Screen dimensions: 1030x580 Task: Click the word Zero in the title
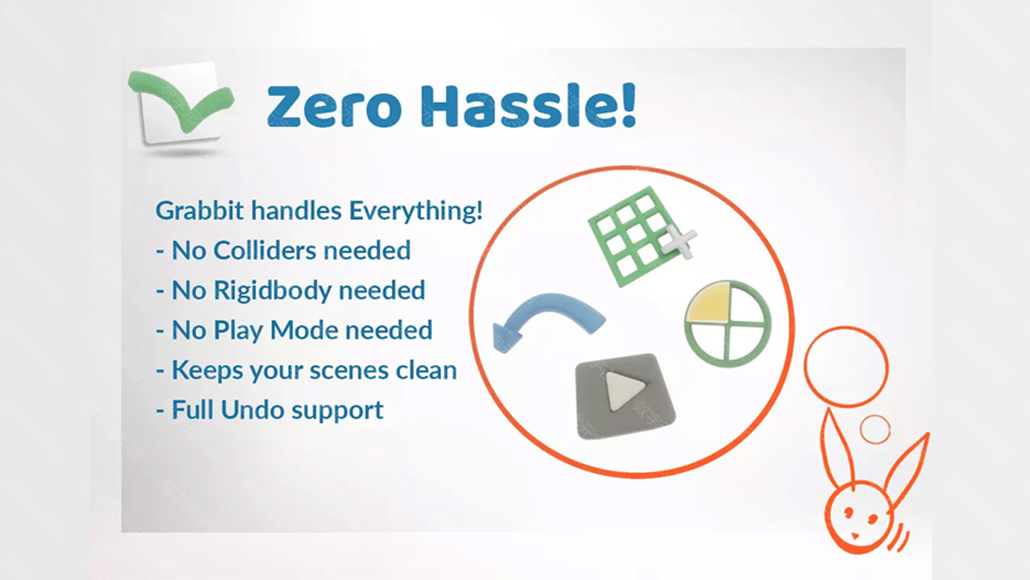click(x=334, y=106)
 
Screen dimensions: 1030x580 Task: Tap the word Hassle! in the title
click(x=529, y=105)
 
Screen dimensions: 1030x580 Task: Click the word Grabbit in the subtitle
click(x=200, y=210)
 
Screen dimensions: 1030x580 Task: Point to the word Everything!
click(x=416, y=211)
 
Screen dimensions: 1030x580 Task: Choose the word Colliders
click(x=265, y=251)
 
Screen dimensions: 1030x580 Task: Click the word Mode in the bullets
click(x=304, y=330)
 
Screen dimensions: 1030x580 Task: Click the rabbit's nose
click(x=855, y=536)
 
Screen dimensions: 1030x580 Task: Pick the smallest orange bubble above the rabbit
click(x=875, y=429)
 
